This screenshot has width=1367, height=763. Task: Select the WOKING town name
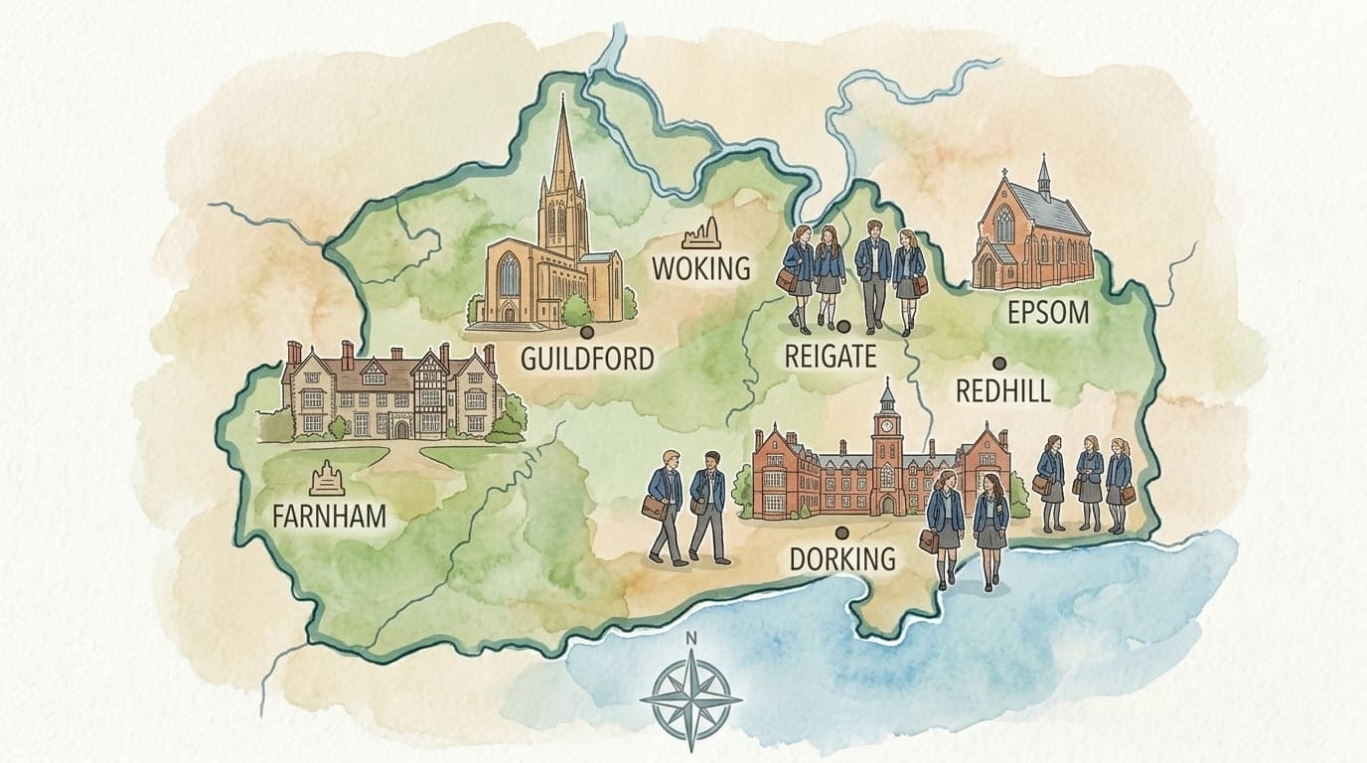[x=699, y=268]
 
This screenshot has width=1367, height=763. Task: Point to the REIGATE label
[x=830, y=355]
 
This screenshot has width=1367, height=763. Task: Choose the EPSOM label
[x=1047, y=313]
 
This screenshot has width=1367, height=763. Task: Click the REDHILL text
[x=1002, y=390]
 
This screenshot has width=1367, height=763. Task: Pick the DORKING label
[x=841, y=559]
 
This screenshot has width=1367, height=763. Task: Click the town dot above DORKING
[x=840, y=533]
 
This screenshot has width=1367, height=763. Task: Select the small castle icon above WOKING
[x=701, y=235]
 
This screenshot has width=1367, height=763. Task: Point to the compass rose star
[x=690, y=699]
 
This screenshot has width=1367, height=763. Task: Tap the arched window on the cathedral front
[x=509, y=274]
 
